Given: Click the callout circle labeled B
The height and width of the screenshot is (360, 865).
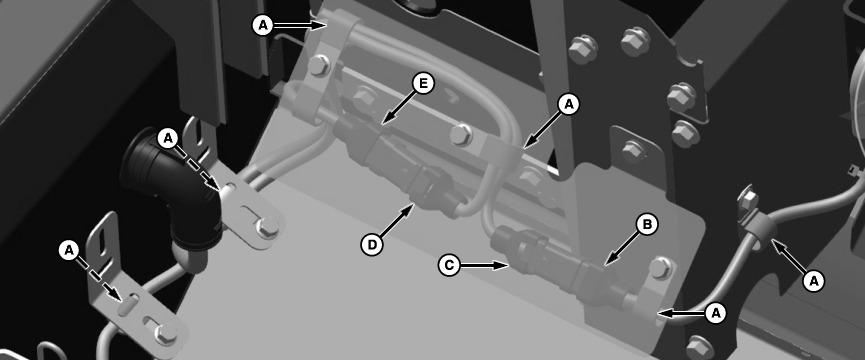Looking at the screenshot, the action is [647, 225].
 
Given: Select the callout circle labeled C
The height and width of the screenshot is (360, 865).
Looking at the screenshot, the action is [449, 265].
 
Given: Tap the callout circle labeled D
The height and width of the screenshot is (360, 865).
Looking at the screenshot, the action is [372, 245].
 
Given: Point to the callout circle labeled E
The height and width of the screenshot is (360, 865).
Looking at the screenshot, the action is [423, 84].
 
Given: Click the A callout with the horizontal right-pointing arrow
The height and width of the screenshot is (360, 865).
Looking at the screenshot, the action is [263, 25].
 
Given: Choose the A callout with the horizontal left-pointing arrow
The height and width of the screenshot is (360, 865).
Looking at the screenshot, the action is [716, 314].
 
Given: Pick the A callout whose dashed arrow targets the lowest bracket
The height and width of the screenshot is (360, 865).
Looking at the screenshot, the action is [69, 251].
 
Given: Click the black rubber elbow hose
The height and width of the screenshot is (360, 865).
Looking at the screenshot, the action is [168, 196].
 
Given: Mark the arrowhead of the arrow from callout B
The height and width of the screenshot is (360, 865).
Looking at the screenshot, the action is [607, 264].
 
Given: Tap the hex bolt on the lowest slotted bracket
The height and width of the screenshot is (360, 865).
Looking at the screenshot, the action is [165, 333].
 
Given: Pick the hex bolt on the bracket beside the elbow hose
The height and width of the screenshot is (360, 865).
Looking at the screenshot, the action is [268, 226].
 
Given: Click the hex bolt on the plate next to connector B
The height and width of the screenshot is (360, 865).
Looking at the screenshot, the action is [660, 268].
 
